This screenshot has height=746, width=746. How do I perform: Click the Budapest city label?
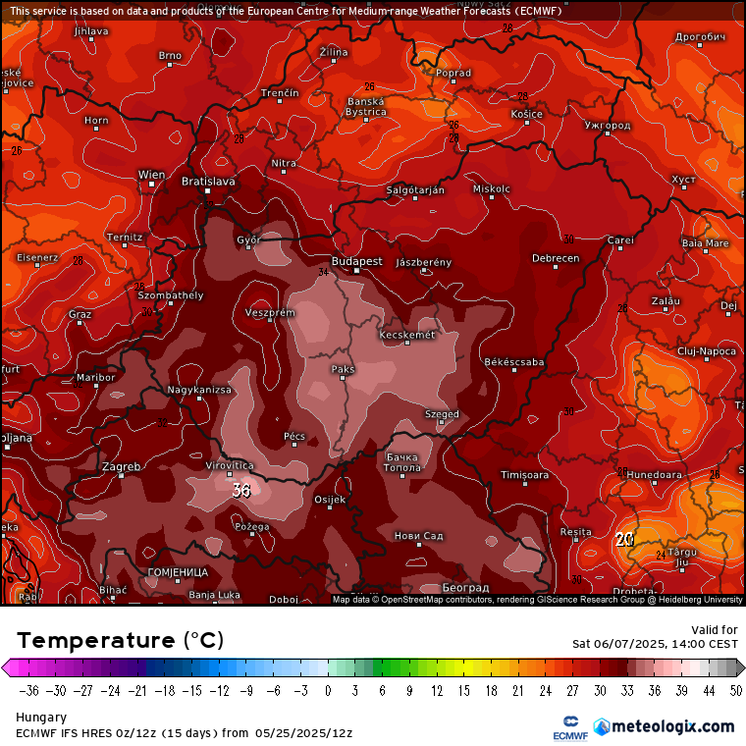(356, 262)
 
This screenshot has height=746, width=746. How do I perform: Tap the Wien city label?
(151, 175)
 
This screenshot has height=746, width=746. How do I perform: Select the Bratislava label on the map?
(208, 182)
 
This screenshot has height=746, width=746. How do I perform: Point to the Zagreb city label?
(122, 466)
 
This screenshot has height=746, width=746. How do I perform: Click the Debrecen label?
(556, 258)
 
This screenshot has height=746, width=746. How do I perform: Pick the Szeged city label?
(442, 414)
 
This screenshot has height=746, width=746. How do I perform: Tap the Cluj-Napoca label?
(706, 350)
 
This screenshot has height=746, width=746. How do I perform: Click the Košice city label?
(526, 115)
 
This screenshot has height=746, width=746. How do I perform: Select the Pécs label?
(294, 435)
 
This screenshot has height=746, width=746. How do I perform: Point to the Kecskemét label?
(406, 336)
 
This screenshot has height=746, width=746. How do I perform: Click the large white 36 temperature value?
(241, 491)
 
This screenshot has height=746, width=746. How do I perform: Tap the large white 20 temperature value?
(624, 539)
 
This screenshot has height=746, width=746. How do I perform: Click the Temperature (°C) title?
(120, 640)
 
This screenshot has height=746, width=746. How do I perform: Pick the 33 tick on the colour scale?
(627, 690)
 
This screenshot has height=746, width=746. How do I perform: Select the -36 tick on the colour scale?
(29, 690)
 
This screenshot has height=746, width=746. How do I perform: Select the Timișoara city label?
(523, 475)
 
